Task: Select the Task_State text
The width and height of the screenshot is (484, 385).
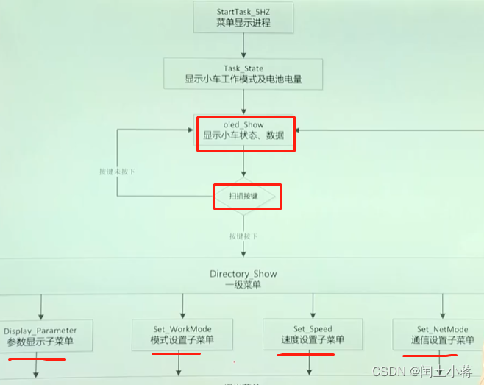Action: [x=243, y=68]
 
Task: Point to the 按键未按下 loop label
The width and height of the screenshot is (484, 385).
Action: [x=117, y=172]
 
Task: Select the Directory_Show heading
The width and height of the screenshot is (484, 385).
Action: [x=243, y=274]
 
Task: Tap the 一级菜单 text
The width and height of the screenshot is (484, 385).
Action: [x=243, y=286]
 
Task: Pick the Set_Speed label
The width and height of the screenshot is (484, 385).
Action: [x=312, y=329]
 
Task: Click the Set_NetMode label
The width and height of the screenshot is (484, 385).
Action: [x=442, y=329]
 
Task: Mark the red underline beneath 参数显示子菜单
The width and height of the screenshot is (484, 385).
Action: [x=37, y=359]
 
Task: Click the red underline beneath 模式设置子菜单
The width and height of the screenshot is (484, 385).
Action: [x=176, y=353]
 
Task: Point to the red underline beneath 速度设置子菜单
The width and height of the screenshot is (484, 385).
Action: [x=306, y=354]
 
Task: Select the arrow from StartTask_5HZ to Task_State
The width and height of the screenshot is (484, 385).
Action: [x=243, y=44]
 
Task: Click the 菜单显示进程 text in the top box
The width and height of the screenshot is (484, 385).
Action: [x=243, y=22]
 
